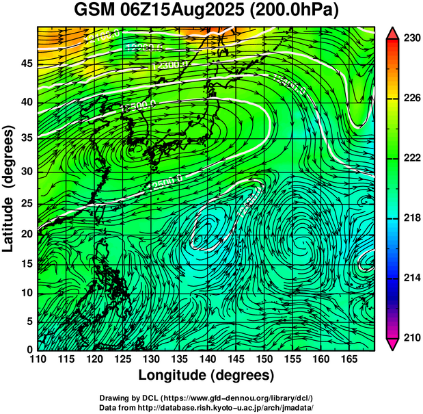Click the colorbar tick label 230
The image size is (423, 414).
click(410, 38)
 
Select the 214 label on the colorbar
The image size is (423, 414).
click(410, 278)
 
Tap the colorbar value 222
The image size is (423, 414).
click(410, 158)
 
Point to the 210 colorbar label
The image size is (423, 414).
click(410, 337)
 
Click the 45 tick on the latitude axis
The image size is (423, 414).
click(25, 64)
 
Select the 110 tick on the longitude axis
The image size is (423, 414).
click(38, 359)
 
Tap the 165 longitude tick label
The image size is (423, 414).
click(347, 359)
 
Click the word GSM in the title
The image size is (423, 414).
click(96, 12)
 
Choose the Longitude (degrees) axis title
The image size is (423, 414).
click(206, 376)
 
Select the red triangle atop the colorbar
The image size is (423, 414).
click(392, 31)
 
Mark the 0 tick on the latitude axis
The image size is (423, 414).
click(29, 349)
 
